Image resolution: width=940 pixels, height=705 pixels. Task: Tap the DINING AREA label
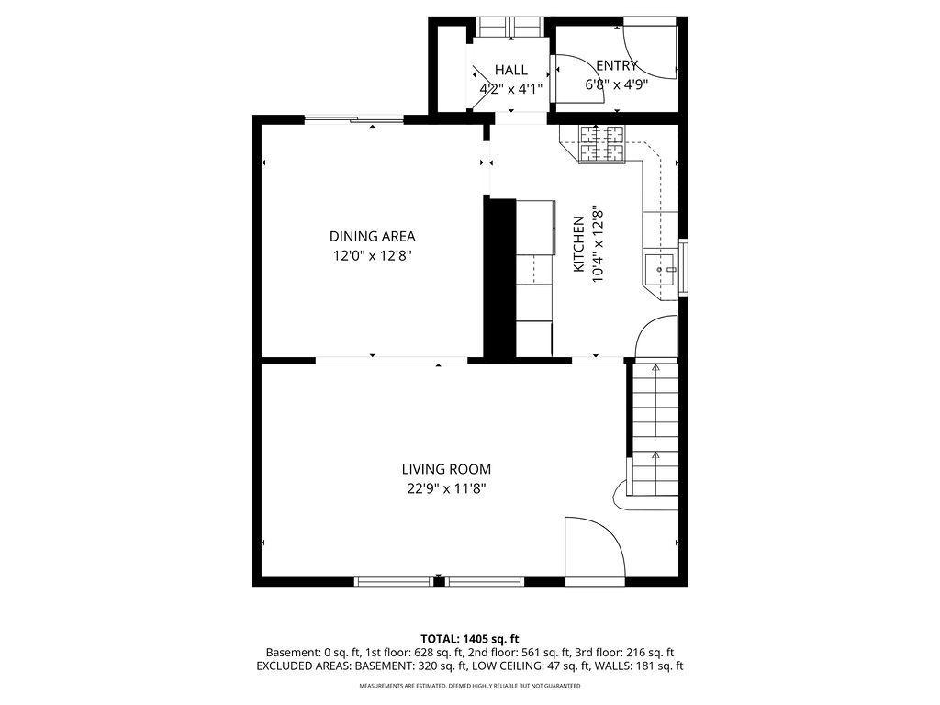(x=373, y=236)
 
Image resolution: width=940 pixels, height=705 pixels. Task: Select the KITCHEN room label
(x=579, y=243)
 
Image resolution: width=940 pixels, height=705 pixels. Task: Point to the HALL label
(x=510, y=70)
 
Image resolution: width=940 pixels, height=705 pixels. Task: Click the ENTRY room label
(x=616, y=65)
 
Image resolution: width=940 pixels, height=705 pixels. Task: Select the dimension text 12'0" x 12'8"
(x=373, y=256)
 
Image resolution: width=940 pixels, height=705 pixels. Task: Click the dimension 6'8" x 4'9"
(x=617, y=84)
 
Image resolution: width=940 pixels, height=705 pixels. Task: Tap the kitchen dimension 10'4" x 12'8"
(x=599, y=243)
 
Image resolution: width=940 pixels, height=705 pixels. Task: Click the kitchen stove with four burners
(x=602, y=143)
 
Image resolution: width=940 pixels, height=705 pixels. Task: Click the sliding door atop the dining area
(x=353, y=118)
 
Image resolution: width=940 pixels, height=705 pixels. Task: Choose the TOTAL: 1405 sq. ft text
(x=470, y=638)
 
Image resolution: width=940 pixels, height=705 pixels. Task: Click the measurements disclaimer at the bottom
(x=469, y=686)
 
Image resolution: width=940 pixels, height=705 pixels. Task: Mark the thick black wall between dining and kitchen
(x=499, y=275)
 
